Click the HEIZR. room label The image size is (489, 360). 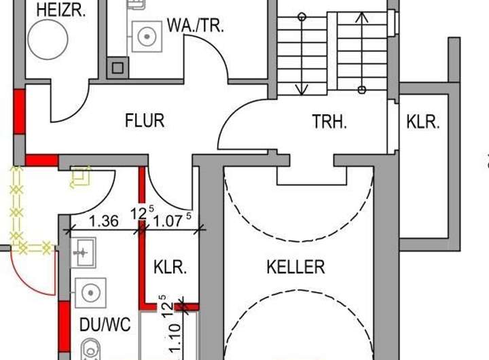click(x=61, y=10)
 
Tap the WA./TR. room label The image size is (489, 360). click(x=195, y=26)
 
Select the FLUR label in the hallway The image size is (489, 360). click(x=145, y=121)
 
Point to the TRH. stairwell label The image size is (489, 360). click(x=329, y=122)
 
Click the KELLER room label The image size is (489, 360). click(x=295, y=267)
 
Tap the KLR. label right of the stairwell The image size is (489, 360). click(x=423, y=122)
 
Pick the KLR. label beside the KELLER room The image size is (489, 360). click(x=170, y=267)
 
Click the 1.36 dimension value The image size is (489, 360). click(x=104, y=221)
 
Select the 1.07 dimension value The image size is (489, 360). click(x=168, y=221)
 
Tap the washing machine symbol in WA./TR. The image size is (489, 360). click(x=145, y=35)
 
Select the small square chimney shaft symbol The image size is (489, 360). click(x=117, y=67)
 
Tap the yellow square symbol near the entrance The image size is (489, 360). click(x=81, y=176)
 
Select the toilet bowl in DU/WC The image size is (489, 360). click(x=89, y=350)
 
